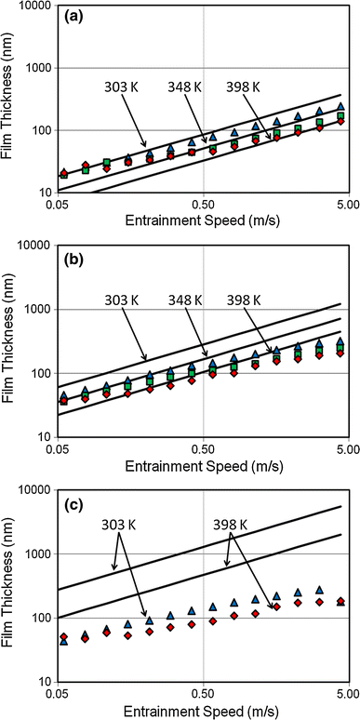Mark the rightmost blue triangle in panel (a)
pos(341,107)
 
